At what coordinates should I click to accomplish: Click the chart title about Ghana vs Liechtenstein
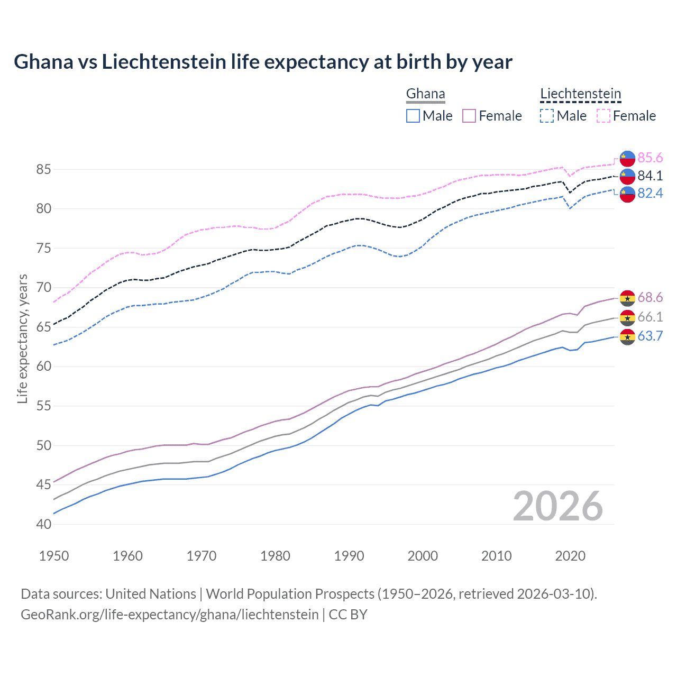click(263, 62)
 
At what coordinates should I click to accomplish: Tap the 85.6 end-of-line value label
click(650, 158)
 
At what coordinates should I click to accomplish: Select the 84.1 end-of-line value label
click(650, 176)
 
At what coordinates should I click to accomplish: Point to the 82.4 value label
click(650, 194)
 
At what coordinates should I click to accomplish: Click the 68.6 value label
click(650, 298)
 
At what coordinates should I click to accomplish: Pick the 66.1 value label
click(650, 317)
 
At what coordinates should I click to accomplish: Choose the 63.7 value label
click(650, 336)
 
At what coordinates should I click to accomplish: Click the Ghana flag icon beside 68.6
click(627, 298)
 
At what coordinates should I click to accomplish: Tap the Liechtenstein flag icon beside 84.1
click(627, 176)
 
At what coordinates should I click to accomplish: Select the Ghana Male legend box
click(413, 116)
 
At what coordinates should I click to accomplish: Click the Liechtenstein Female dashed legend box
click(603, 116)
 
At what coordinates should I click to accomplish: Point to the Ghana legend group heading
click(425, 94)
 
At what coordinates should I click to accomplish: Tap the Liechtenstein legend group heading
click(580, 94)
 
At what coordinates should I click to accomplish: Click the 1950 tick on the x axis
click(54, 556)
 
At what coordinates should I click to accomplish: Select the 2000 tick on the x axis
click(423, 556)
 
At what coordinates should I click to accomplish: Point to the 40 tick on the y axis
click(44, 524)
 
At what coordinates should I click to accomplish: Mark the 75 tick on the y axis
click(44, 248)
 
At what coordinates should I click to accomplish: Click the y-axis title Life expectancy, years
click(22, 338)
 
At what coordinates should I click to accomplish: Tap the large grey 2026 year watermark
click(558, 506)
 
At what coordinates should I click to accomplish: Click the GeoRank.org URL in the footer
click(169, 615)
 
